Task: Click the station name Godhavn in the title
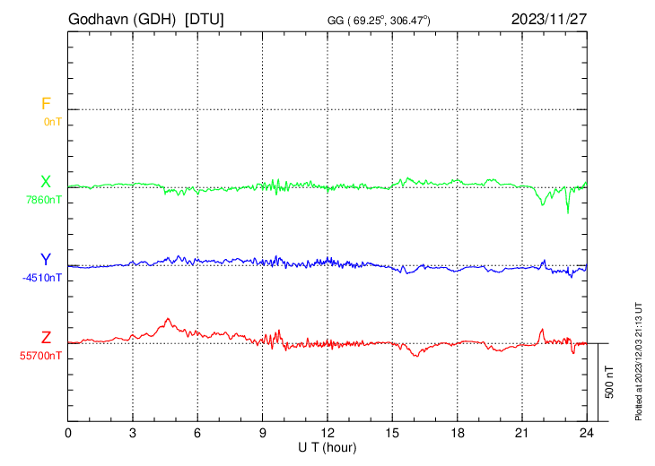(98, 19)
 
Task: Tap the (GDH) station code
(153, 19)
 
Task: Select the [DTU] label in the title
(205, 19)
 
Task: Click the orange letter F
(45, 105)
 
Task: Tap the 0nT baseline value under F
(52, 121)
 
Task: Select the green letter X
(45, 182)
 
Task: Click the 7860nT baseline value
(44, 199)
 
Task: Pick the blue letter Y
(45, 260)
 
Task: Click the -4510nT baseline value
(42, 277)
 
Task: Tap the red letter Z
(45, 337)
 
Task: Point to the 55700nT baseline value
(41, 355)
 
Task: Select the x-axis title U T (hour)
(328, 446)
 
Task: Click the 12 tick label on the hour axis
(327, 432)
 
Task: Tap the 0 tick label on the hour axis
(69, 432)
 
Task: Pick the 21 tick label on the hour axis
(522, 432)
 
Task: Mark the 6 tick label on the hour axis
(198, 432)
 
